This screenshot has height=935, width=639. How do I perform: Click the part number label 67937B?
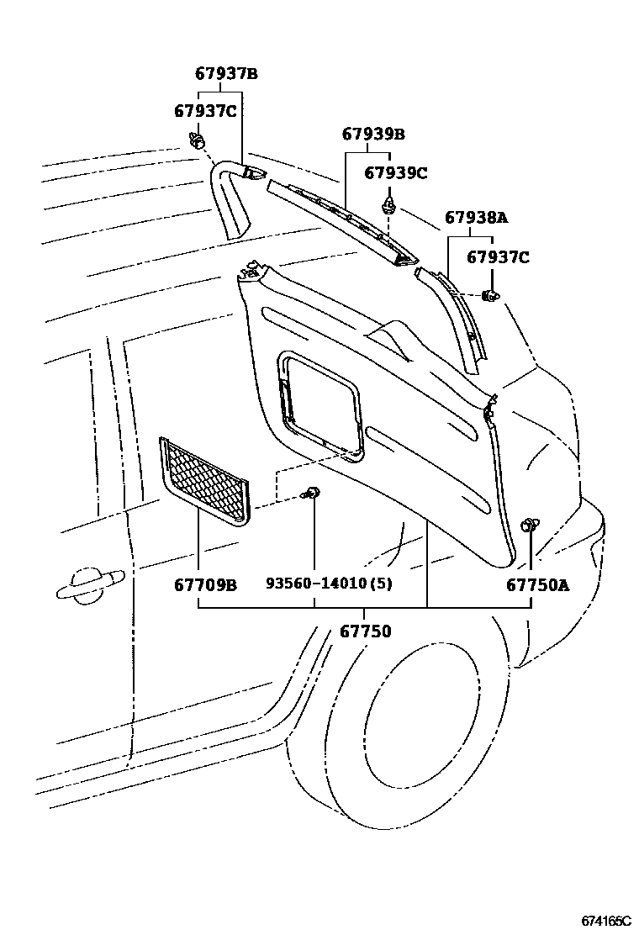[226, 73]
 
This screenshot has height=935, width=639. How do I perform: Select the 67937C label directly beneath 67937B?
[206, 110]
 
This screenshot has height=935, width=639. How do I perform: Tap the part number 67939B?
[373, 134]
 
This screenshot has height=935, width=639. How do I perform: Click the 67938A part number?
[477, 218]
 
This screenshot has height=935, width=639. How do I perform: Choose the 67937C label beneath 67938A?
[498, 257]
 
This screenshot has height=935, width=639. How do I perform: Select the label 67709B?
[205, 584]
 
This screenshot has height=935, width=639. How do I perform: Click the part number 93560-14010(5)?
[329, 584]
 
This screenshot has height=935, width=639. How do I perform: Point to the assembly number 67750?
[365, 630]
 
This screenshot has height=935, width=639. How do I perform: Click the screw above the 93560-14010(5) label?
[313, 494]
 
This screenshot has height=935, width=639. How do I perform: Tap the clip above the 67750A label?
[530, 526]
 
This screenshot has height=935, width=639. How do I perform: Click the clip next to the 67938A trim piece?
[491, 295]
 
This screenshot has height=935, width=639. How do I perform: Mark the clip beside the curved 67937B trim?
[198, 140]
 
